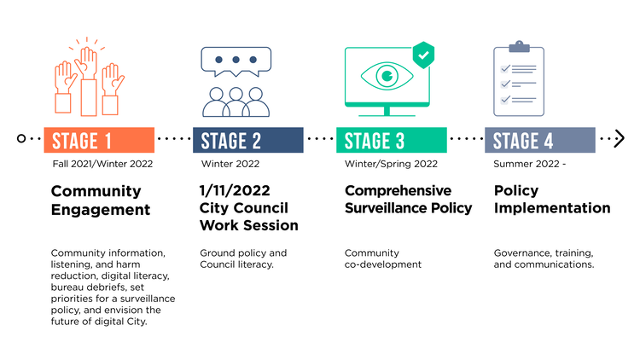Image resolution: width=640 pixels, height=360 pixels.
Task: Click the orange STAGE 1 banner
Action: [99, 140]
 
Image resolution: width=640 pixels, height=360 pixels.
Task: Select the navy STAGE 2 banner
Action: [248, 140]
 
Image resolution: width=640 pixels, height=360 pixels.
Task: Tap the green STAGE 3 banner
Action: [392, 140]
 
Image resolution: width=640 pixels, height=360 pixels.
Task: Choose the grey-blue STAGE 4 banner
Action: [540, 140]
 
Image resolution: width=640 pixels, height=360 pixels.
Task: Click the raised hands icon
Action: [90, 78]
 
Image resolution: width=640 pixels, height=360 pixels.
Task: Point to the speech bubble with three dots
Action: [236, 61]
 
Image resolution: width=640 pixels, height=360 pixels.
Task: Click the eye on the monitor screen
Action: [387, 76]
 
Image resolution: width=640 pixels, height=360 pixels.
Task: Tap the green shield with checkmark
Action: [423, 55]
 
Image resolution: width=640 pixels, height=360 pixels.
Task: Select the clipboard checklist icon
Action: [519, 78]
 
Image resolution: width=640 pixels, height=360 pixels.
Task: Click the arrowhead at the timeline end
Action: [620, 138]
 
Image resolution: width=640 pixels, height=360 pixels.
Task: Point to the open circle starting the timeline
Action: [21, 138]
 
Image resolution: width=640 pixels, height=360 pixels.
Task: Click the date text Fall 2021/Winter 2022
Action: [102, 164]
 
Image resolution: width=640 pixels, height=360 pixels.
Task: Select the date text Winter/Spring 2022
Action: [391, 164]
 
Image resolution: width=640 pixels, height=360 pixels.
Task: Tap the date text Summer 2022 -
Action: [529, 164]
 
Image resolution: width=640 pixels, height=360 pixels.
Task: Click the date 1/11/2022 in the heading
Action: [235, 190]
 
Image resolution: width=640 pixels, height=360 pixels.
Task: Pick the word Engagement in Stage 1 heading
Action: [101, 210]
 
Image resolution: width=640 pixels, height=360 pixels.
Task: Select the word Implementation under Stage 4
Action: [552, 208]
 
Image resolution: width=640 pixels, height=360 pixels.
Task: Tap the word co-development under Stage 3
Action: [383, 264]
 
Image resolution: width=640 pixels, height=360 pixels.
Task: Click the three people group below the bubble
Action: [236, 102]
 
